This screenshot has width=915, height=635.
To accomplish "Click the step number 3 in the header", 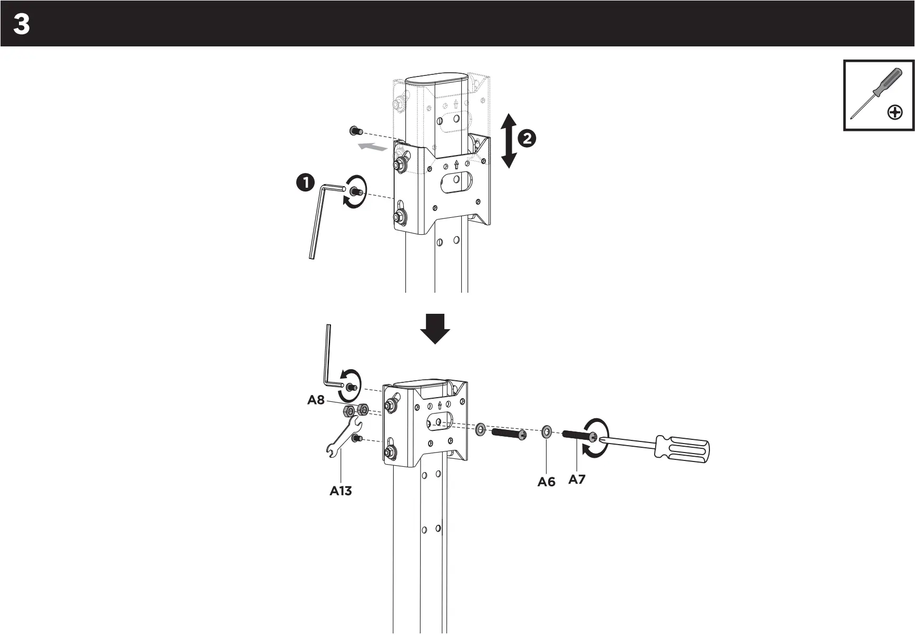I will [x=22, y=24].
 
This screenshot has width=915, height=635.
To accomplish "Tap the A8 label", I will [x=316, y=400].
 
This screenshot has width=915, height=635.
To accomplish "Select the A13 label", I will [x=340, y=491].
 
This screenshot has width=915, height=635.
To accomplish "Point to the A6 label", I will [x=547, y=482].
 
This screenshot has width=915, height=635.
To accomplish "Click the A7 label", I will [x=577, y=479].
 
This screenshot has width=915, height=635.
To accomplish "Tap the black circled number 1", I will [x=305, y=184].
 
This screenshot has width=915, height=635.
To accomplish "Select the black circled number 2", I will [x=527, y=139].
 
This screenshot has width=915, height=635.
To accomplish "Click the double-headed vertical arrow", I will [x=508, y=141].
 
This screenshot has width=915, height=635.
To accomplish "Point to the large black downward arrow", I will [x=435, y=329].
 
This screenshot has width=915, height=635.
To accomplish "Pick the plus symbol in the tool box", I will [x=895, y=112].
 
